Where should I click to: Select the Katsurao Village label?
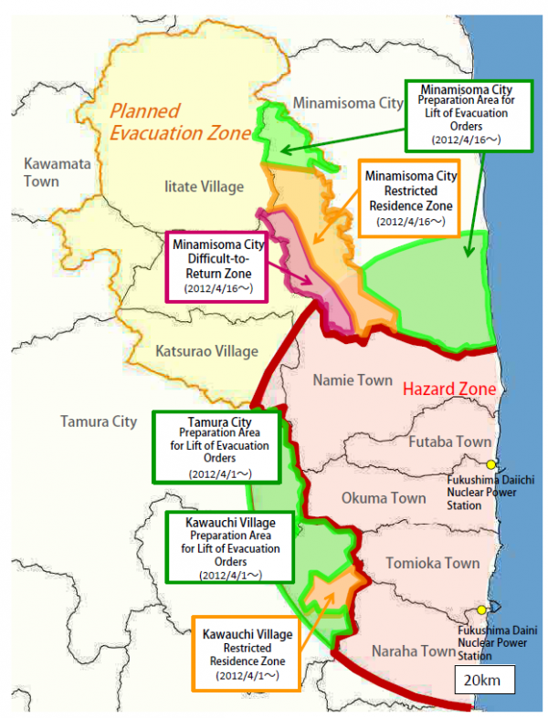(x=206, y=351)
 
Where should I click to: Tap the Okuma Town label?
(x=384, y=498)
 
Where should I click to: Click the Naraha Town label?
(x=414, y=650)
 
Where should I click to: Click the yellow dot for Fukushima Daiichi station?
(x=491, y=464)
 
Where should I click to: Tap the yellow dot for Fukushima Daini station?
(x=481, y=610)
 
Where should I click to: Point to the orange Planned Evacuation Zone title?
(x=180, y=123)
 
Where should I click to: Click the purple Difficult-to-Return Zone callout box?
(x=217, y=265)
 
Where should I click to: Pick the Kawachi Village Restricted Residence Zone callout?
(x=248, y=654)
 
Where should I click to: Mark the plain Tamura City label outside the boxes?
(x=99, y=421)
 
